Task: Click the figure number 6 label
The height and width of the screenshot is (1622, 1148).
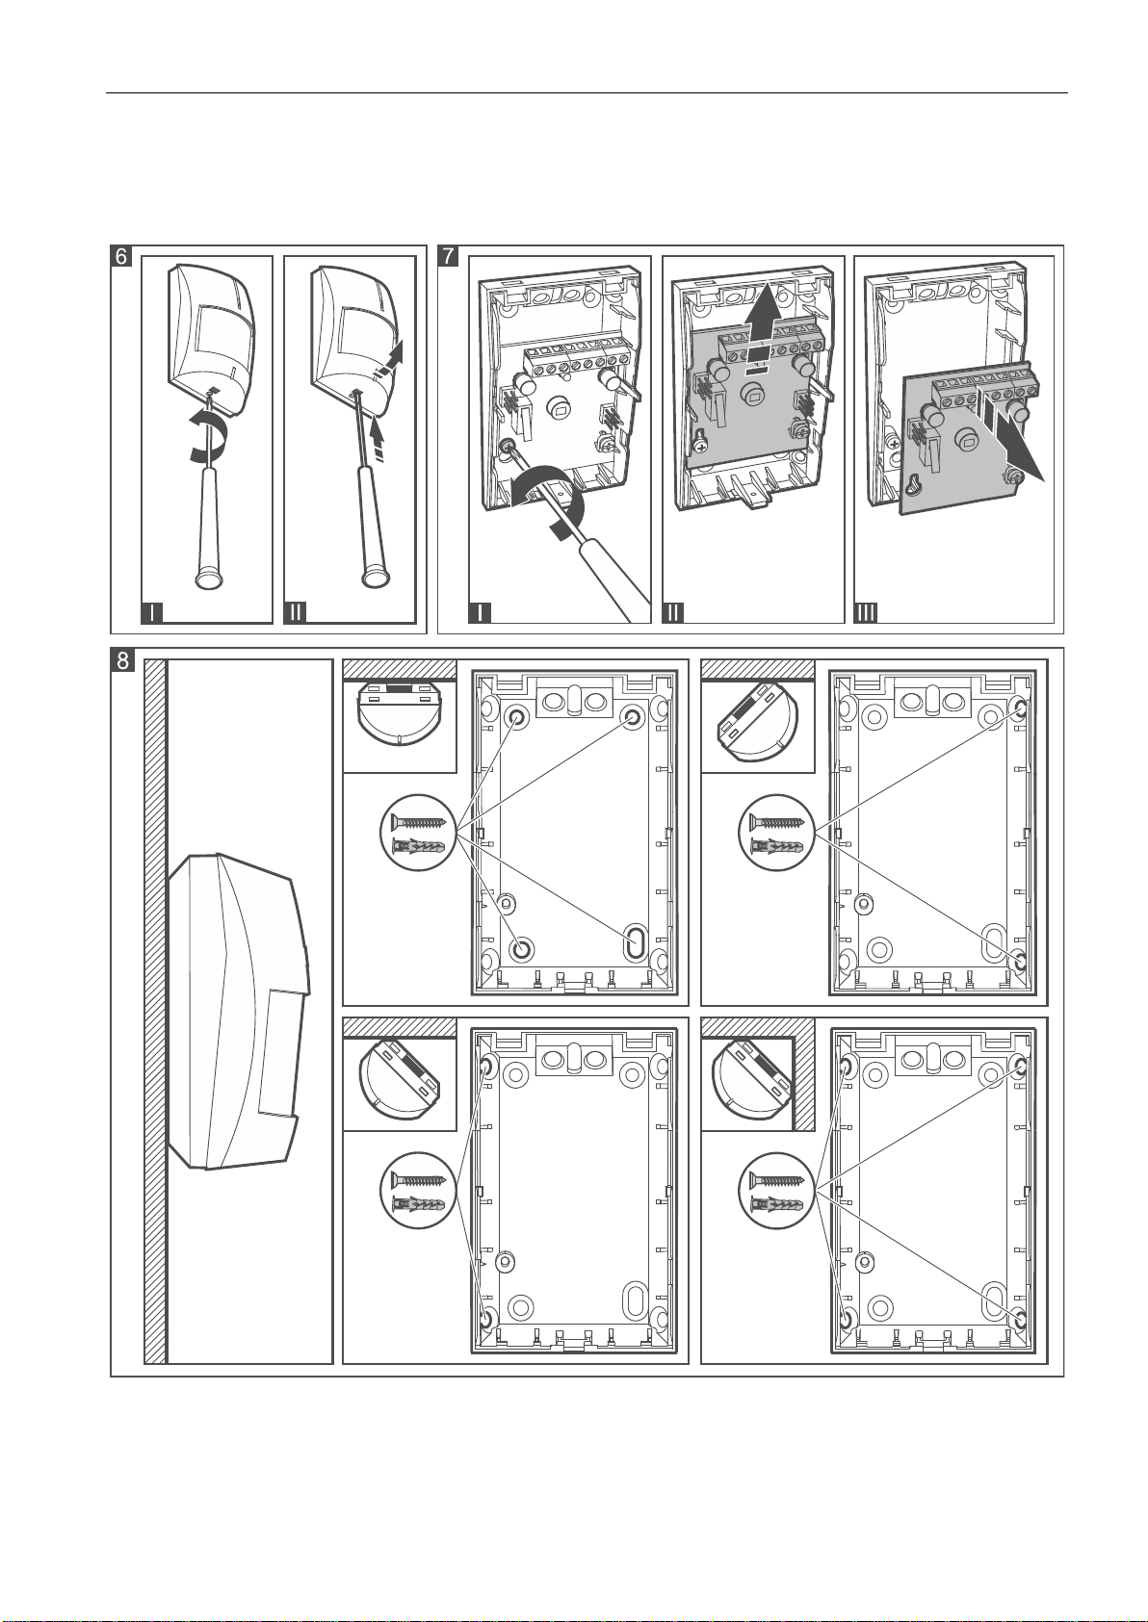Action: pos(121,257)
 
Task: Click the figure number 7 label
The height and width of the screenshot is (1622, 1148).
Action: pos(448,257)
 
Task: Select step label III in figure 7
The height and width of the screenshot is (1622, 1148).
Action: pos(867,612)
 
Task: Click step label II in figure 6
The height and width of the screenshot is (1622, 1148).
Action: pos(297,612)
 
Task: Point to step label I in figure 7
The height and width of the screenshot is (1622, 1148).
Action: pos(479,612)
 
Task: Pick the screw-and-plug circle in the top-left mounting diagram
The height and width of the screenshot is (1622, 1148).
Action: pos(420,833)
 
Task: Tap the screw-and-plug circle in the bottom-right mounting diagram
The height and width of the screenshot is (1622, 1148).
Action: pos(778,1191)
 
